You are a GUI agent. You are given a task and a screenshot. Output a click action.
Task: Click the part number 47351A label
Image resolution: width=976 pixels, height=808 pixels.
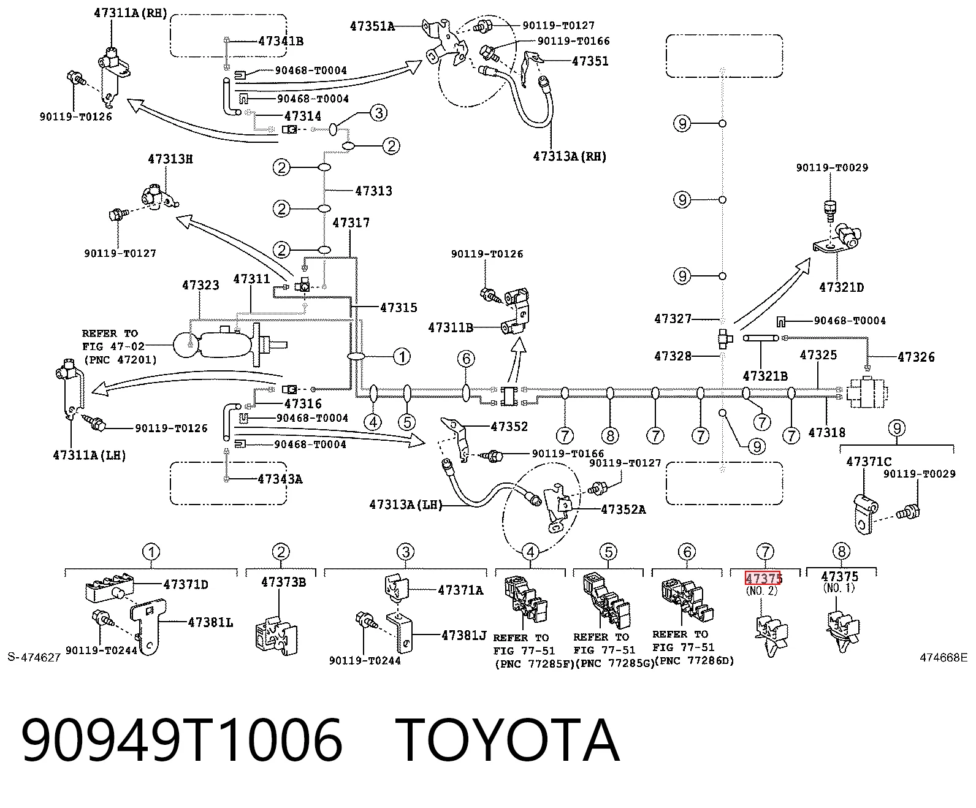pos(373,26)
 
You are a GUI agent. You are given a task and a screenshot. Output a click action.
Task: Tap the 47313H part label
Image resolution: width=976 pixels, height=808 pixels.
pos(170,159)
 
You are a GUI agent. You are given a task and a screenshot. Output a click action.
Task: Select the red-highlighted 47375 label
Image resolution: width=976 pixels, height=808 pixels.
pos(763,578)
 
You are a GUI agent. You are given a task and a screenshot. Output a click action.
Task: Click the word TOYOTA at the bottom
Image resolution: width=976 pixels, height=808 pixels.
pos(508,741)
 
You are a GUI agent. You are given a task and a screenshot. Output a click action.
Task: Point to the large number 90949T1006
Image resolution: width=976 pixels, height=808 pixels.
pos(182,741)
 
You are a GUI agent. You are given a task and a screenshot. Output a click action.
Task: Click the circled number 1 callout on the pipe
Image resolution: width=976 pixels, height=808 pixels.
pos(402,357)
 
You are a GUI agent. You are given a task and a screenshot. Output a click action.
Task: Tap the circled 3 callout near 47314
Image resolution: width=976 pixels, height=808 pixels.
pos(379,113)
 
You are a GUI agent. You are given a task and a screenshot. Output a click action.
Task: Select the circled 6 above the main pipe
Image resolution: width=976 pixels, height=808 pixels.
pos(465,359)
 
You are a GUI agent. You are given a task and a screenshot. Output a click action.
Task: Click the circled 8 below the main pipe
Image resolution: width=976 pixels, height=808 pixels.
pos(610,436)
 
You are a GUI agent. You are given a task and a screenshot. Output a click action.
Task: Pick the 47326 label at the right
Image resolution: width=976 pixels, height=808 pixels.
pos(916,357)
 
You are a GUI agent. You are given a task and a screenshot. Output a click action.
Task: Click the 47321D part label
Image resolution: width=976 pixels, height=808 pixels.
pos(841,288)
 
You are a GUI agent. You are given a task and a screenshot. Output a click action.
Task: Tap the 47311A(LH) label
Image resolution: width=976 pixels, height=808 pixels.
pos(90,455)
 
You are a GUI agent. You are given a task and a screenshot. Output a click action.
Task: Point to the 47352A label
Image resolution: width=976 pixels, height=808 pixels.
pos(623,509)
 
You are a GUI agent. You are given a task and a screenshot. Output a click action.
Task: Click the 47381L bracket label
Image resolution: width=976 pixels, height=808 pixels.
pos(210,622)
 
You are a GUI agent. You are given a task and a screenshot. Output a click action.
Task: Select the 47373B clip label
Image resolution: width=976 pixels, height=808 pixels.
pos(283,582)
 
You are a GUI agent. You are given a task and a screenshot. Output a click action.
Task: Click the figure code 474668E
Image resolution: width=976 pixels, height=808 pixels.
pos(944,657)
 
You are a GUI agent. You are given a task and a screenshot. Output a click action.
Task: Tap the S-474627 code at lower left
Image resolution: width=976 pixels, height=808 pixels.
pos(34,657)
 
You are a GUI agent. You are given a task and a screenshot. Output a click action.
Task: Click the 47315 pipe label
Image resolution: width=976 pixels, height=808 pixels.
pos(398,307)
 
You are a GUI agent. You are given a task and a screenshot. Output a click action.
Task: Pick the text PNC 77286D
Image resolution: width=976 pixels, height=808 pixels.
pos(695,661)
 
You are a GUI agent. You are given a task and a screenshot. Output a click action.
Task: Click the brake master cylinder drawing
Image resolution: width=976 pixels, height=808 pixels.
pos(229,345)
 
